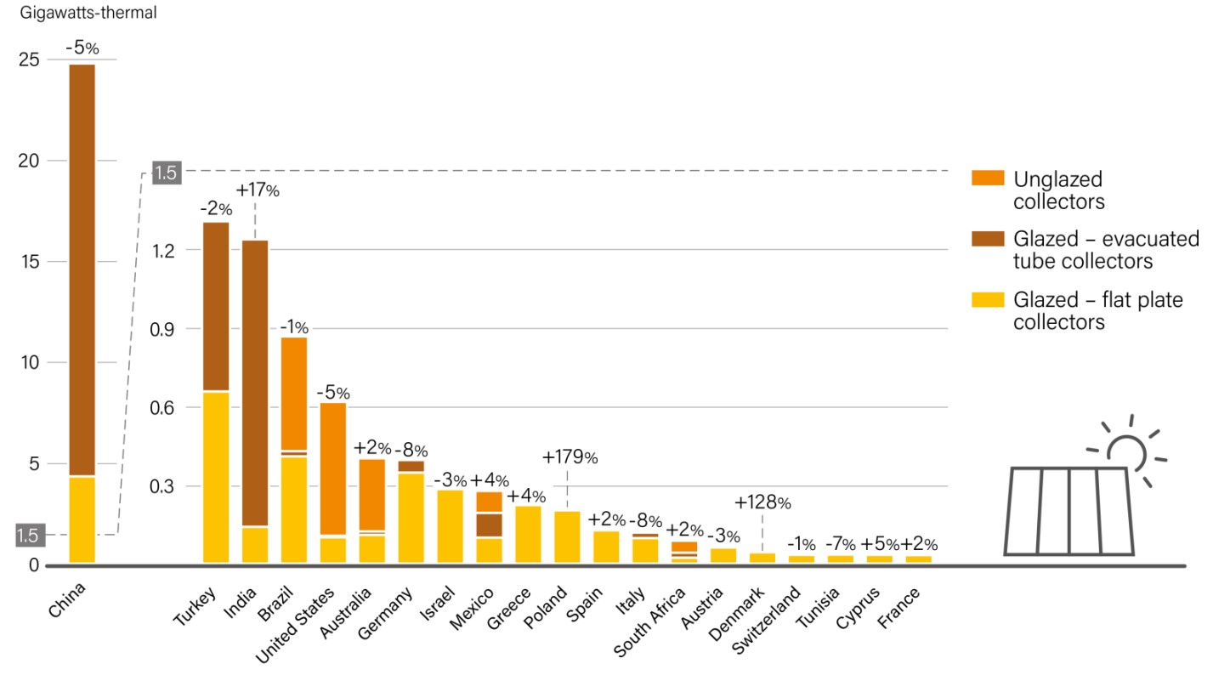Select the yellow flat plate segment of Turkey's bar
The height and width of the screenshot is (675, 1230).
pyautogui.click(x=216, y=477)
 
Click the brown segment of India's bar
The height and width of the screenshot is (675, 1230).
pyautogui.click(x=255, y=383)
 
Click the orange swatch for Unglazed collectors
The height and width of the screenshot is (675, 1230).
pyautogui.click(x=987, y=179)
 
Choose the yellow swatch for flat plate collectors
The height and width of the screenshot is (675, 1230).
pyautogui.click(x=987, y=300)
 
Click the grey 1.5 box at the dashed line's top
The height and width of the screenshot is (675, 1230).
pyautogui.click(x=165, y=173)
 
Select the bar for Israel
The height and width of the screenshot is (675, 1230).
pyautogui.click(x=451, y=526)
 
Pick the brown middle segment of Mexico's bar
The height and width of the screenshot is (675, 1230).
pyautogui.click(x=489, y=525)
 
